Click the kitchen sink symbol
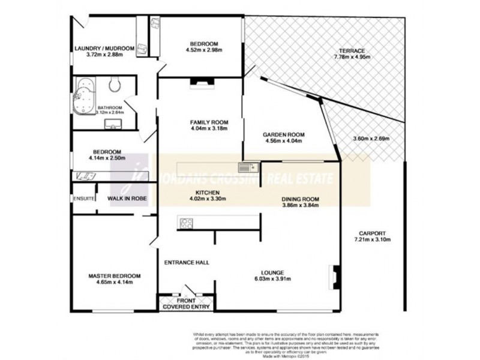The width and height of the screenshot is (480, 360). (247, 166)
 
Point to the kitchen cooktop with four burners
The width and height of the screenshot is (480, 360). (185, 223)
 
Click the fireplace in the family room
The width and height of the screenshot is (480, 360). (198, 84)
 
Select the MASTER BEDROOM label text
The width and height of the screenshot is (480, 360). (115, 276)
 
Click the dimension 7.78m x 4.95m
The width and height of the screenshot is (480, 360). (352, 58)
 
